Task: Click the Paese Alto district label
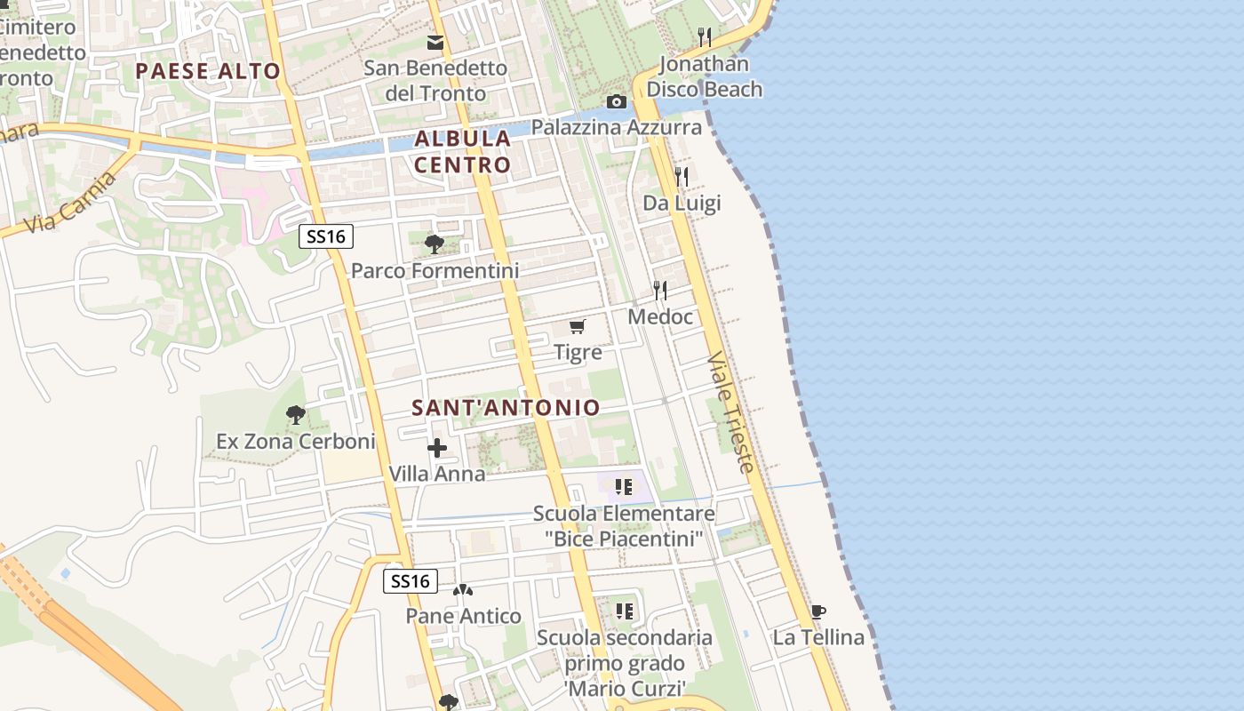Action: pos(208,71)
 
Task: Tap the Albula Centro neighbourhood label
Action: pos(463,151)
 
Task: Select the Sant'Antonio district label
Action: pos(506,407)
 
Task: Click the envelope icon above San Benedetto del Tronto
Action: pos(435,42)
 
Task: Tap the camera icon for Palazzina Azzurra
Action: pos(616,101)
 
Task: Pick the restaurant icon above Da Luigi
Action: pos(682,176)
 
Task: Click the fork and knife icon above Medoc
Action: pos(660,290)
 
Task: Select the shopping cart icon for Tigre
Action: pos(578,326)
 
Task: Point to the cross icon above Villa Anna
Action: pos(437,448)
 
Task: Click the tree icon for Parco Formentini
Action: pos(435,244)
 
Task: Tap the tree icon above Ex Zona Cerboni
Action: pos(296,414)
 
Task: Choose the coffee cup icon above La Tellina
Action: pos(818,611)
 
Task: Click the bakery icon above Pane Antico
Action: pos(463,590)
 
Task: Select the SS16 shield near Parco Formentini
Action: pos(326,236)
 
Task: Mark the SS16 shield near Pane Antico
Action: pos(411,581)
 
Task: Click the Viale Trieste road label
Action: pos(732,411)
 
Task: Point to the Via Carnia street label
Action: pos(70,204)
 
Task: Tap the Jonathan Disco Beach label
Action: pos(704,76)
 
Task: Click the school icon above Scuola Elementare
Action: pos(624,486)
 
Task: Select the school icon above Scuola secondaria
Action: pos(625,611)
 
